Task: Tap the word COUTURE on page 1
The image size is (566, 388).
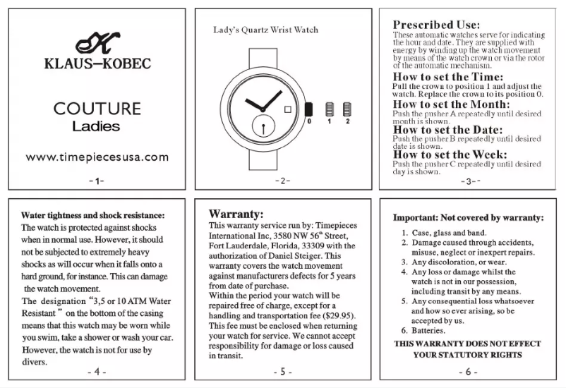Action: tap(97, 109)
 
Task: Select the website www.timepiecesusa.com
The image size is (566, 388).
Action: tap(97, 157)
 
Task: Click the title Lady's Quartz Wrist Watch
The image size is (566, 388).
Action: tap(265, 30)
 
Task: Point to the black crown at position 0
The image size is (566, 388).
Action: tap(308, 109)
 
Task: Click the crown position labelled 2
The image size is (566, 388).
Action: tap(347, 109)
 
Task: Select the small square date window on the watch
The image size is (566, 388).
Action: tap(288, 109)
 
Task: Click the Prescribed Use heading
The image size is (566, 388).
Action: tap(437, 25)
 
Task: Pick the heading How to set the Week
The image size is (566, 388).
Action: tap(450, 154)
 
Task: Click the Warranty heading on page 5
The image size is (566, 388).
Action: tap(236, 213)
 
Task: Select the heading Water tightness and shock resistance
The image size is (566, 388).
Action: tap(92, 214)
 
